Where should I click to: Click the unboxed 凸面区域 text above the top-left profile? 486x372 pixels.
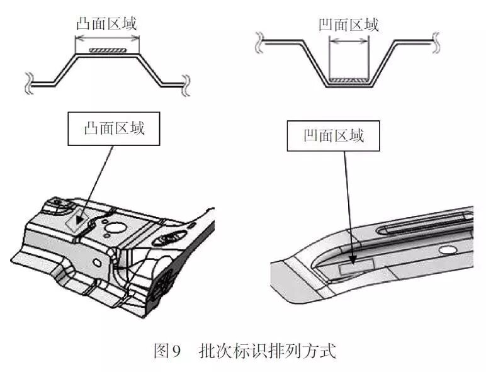pos(106,24)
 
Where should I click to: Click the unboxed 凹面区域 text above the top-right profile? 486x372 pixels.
pos(348,25)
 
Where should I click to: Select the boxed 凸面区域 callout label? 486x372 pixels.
pos(114,129)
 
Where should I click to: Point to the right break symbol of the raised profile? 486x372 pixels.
pos(185,81)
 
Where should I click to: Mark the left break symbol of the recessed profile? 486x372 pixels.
pos(258,43)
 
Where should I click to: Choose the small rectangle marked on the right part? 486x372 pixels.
pos(357,268)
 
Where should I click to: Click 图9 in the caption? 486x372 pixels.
pos(167,351)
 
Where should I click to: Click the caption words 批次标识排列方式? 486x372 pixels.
pos(268,351)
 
